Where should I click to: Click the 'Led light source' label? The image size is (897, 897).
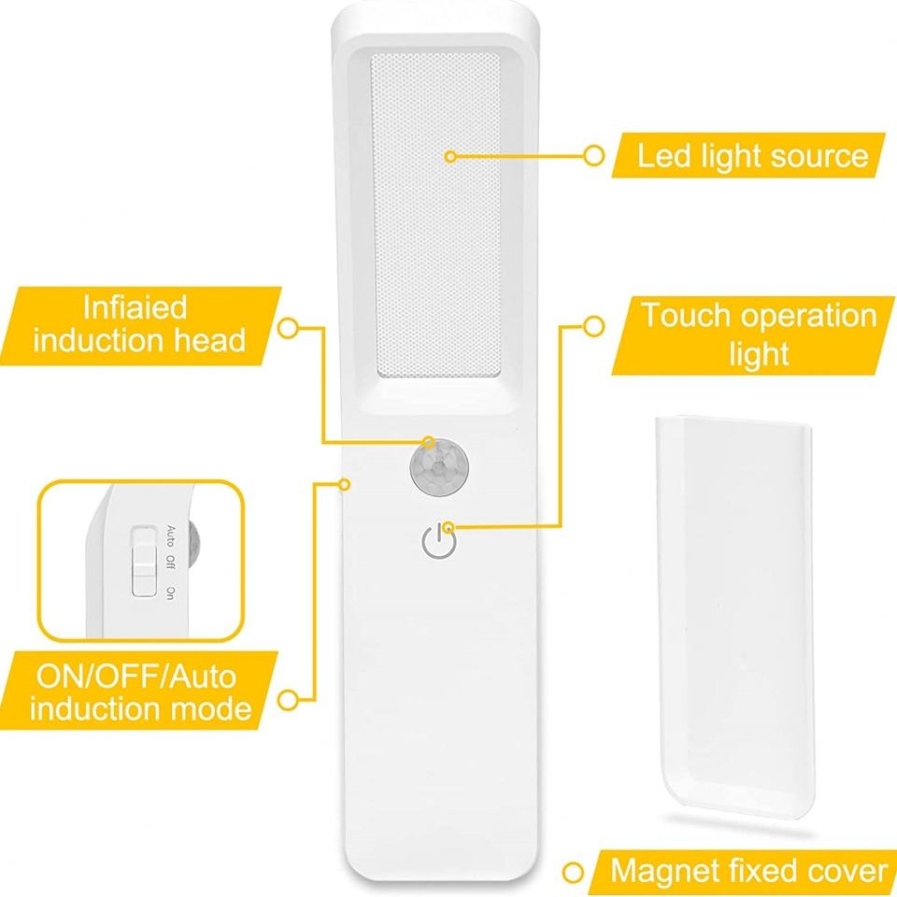click(x=752, y=155)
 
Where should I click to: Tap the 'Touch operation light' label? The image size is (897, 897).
click(x=758, y=334)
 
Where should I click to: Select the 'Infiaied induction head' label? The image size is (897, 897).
click(x=139, y=323)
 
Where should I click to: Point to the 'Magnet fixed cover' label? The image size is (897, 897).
click(x=747, y=872)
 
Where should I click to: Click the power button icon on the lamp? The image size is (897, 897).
click(x=437, y=541)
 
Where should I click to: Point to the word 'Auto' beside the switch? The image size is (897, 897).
click(x=170, y=535)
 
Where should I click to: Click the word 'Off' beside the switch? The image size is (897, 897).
click(x=170, y=564)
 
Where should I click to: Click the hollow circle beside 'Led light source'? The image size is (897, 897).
click(x=591, y=156)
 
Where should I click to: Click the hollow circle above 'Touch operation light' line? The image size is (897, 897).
click(x=592, y=327)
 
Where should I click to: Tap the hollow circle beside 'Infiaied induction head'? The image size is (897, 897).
click(x=290, y=327)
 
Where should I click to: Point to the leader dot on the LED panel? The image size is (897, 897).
click(x=449, y=156)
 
